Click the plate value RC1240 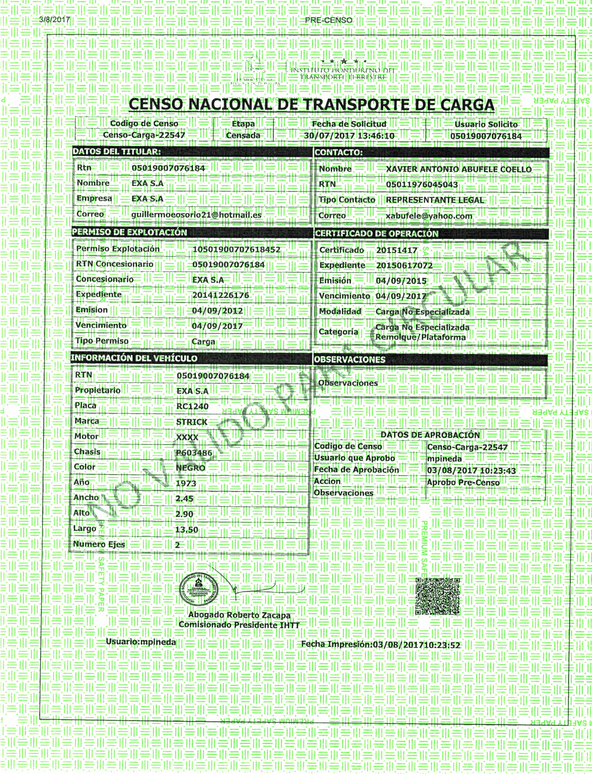tap(192, 407)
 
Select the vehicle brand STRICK tap(192, 422)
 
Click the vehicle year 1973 tap(186, 483)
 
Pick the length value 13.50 tap(187, 530)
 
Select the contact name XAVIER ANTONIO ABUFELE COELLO tap(458, 169)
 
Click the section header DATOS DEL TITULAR tap(117, 152)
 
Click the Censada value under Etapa tap(243, 136)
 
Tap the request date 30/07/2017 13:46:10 tap(349, 136)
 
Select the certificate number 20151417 tap(396, 250)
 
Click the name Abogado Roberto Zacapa tap(239, 615)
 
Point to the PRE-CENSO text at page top tap(328, 20)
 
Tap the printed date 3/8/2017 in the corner tap(55, 20)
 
